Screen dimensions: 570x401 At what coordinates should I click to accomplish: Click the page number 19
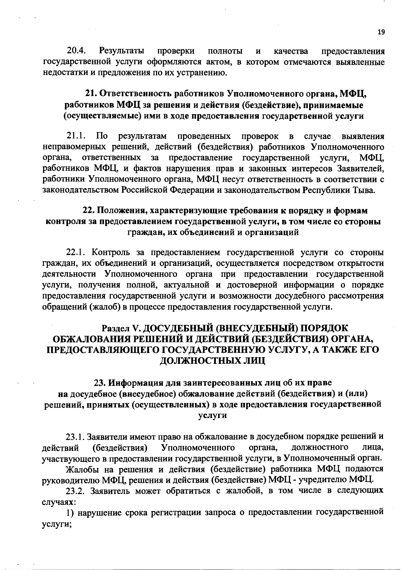tap(381, 32)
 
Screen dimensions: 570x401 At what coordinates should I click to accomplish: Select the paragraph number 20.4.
tap(77, 51)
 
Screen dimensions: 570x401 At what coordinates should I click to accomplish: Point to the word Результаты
tap(122, 51)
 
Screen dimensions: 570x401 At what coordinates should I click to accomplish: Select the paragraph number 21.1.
tap(77, 136)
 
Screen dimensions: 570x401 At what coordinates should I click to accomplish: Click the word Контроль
tap(110, 252)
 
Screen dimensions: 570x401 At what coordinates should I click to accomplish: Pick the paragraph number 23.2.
tap(77, 491)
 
